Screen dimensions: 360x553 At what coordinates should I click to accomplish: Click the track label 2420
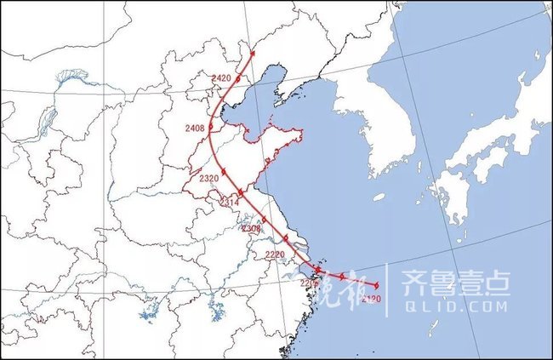point(221,78)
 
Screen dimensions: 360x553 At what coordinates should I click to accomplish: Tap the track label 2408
point(195,129)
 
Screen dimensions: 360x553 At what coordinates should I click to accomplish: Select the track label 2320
point(209,179)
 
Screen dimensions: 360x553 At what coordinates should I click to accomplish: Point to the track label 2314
point(227,203)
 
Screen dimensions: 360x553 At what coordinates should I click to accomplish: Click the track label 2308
point(251,228)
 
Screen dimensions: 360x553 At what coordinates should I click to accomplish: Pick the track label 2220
point(275,254)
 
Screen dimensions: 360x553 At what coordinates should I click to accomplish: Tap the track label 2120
point(370,300)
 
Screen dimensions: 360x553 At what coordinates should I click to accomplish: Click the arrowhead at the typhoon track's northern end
point(254,52)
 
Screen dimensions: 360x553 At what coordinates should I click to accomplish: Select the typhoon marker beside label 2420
point(238,79)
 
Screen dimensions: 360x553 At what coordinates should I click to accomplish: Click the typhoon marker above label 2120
point(375,283)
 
